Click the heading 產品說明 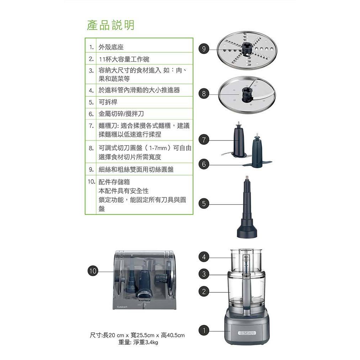tap(111, 25)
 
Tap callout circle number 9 tap(203, 49)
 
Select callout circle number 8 tap(203, 94)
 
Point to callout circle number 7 tap(203, 139)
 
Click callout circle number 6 tap(203, 164)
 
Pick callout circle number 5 tap(203, 203)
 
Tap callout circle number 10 tap(93, 271)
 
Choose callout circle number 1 tap(203, 330)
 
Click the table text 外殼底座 tap(111, 47)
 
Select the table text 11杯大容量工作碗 tap(124, 59)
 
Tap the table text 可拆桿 tap(108, 102)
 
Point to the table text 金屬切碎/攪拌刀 tap(121, 113)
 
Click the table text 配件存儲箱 tap(114, 182)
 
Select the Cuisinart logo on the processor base tap(247, 333)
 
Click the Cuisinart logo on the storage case tap(122, 307)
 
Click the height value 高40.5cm tap(173, 335)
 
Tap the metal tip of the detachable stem tap(247, 178)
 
